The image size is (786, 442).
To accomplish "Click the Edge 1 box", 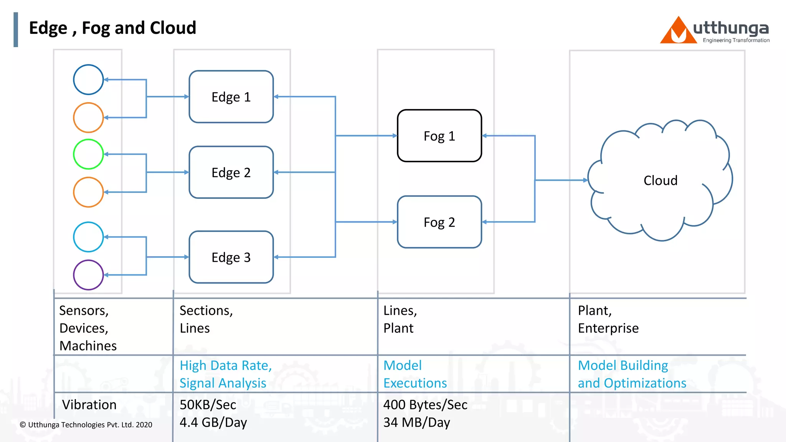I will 231,97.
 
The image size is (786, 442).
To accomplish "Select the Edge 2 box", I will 231,172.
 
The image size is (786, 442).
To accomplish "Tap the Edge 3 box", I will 231,257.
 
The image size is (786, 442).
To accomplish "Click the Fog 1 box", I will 439,136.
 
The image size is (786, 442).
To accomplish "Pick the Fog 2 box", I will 439,222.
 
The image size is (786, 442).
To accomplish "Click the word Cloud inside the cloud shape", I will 660,180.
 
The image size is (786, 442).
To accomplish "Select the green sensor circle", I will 88,154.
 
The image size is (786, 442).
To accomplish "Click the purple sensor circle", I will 88,275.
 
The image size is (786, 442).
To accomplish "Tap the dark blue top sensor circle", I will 88,80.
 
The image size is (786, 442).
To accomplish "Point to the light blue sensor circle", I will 88,237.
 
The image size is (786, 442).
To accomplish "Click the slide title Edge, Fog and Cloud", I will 112,28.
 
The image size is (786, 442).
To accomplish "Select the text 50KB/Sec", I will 208,405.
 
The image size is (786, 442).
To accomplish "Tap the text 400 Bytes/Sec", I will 425,405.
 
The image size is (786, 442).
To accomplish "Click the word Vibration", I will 89,405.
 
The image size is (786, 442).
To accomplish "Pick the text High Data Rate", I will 226,366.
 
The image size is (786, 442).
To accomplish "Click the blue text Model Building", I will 623,366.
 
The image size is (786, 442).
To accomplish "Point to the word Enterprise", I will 608,328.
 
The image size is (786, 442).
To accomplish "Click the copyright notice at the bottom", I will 86,425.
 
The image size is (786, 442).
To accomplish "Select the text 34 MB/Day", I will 416,422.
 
